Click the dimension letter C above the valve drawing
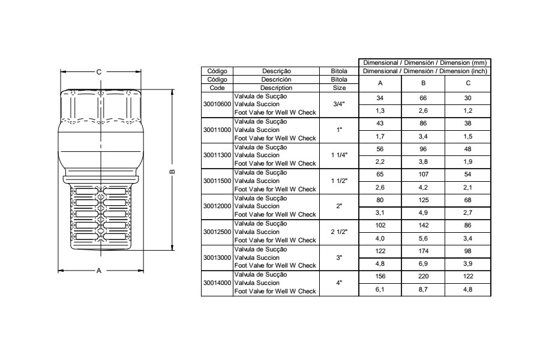[99, 72]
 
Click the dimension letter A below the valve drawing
[99, 271]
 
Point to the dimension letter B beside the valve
[173, 172]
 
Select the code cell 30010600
[217, 104]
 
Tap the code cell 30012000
[217, 206]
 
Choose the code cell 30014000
[217, 283]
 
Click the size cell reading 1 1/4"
[339, 155]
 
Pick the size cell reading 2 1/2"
[339, 232]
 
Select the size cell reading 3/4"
[339, 104]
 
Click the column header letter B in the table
[423, 83]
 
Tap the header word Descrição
[277, 71]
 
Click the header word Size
[339, 88]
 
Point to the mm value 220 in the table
[423, 276]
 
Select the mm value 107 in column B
[423, 175]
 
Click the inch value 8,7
[423, 289]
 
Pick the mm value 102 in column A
[380, 226]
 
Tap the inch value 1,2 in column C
[467, 111]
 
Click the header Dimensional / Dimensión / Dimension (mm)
[425, 62]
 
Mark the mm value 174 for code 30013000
[423, 251]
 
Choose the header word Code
[217, 88]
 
